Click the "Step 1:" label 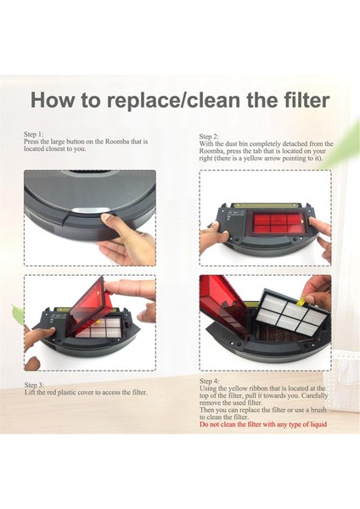pyautogui.click(x=33, y=134)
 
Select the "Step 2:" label pyautogui.click(x=209, y=137)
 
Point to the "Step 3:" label pyautogui.click(x=34, y=385)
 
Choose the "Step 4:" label pyautogui.click(x=209, y=381)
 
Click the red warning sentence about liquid pyautogui.click(x=263, y=424)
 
